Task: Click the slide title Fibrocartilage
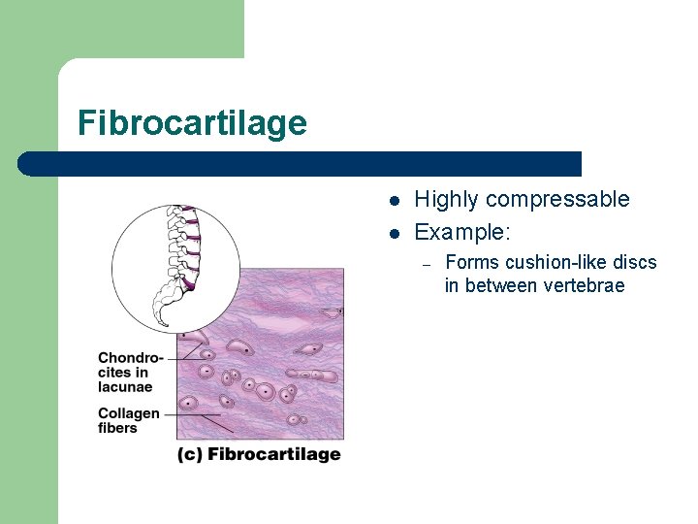[x=192, y=123]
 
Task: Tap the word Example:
[x=462, y=233]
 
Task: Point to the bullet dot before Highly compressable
[x=395, y=202]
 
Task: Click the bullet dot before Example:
[x=395, y=234]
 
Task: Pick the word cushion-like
[x=549, y=263]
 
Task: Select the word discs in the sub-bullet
[x=636, y=263]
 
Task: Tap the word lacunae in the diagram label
[x=125, y=387]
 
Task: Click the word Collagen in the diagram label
[x=129, y=413]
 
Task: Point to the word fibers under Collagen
[x=118, y=428]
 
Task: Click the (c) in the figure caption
[x=190, y=454]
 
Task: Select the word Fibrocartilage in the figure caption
[x=274, y=454]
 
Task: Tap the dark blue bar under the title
[x=301, y=163]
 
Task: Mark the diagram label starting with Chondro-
[x=131, y=358]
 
